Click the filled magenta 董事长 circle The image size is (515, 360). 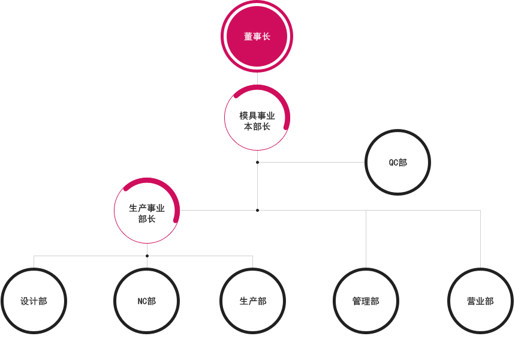pyautogui.click(x=257, y=36)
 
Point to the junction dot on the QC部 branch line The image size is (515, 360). pyautogui.click(x=258, y=162)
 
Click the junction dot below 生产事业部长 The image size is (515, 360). pyautogui.click(x=147, y=256)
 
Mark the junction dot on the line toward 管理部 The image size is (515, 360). pyautogui.click(x=258, y=210)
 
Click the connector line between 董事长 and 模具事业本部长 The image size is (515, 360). pyautogui.click(x=258, y=79)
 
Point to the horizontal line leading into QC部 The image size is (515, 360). pyautogui.click(x=312, y=162)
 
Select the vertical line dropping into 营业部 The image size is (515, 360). pyautogui.click(x=480, y=239)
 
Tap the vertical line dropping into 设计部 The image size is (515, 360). pyautogui.click(x=34, y=262)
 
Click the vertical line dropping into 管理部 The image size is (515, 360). pyautogui.click(x=366, y=239)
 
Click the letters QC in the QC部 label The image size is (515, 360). pyautogui.click(x=393, y=163)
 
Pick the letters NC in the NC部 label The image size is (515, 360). pyautogui.click(x=142, y=301)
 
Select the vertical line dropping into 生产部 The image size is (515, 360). pyautogui.click(x=252, y=262)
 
